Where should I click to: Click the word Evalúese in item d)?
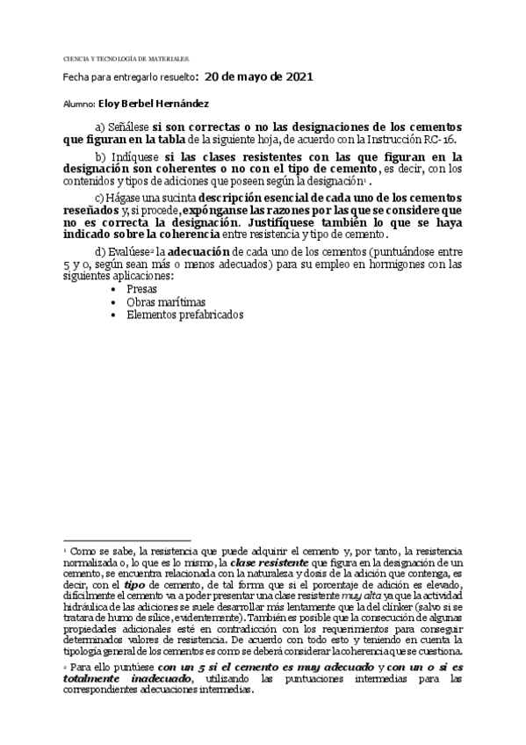point(125,253)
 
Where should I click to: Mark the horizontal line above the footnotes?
point(115,539)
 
